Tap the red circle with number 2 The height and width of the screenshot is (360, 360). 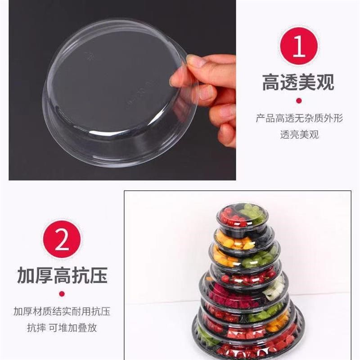pos(62,238)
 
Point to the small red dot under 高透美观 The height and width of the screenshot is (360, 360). pos(299,100)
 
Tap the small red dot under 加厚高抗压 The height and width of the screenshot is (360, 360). pos(62,294)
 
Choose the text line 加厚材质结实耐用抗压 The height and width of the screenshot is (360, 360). pos(62,311)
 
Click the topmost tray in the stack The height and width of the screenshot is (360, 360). pos(242,215)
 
